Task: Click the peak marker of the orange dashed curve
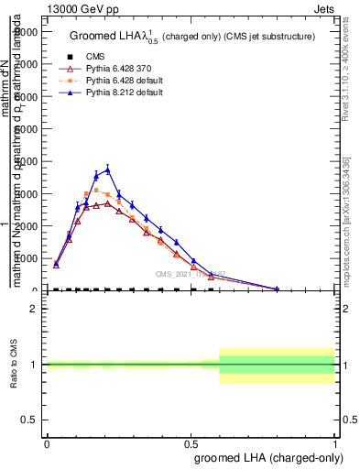point(96,191)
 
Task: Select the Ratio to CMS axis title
point(14,365)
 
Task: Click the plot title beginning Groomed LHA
point(191,36)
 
